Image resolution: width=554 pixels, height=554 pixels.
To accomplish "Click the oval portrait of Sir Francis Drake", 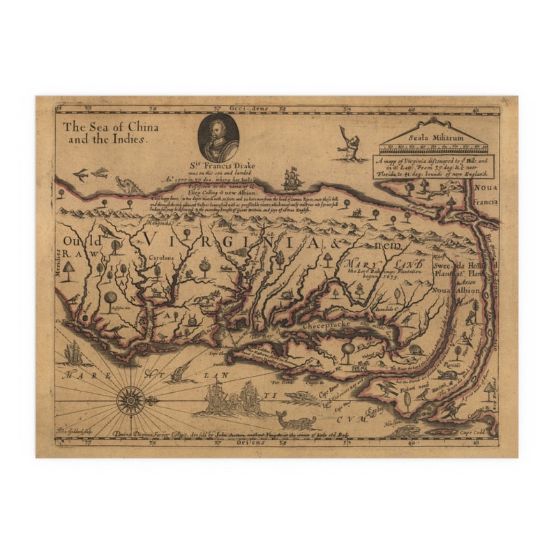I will click(x=218, y=137).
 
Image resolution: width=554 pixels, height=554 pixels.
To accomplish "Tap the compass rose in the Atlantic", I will click(x=130, y=400).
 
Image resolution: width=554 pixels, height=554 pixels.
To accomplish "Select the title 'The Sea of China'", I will click(x=110, y=127).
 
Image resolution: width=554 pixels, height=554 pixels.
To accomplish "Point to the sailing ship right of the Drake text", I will click(x=292, y=179).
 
